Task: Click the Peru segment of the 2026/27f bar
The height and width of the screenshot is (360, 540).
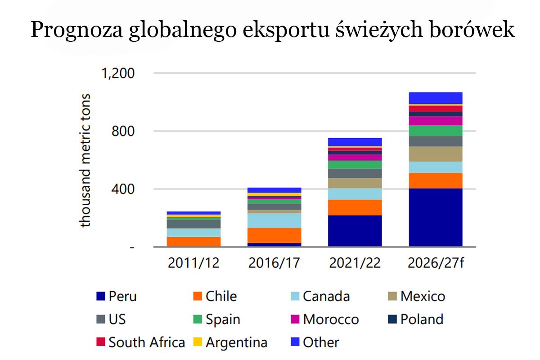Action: tap(436, 217)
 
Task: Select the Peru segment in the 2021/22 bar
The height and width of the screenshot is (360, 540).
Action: tap(355, 230)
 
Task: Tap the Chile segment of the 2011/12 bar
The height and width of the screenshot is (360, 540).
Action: tap(193, 241)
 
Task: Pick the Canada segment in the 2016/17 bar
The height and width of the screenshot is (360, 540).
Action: tap(274, 220)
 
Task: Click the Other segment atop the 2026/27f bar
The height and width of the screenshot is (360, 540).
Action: tap(436, 98)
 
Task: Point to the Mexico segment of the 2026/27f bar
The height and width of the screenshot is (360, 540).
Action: tap(436, 153)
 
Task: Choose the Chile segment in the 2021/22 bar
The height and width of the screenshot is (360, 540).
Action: tap(355, 207)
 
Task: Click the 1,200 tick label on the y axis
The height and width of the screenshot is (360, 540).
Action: tap(118, 73)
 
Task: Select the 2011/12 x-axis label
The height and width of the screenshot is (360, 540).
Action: tap(193, 263)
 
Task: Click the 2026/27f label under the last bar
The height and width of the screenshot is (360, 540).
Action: tap(436, 263)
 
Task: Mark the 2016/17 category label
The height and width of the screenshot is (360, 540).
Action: tap(274, 263)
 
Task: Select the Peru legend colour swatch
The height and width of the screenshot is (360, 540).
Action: tap(101, 297)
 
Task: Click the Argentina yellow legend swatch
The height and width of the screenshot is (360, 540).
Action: tap(198, 342)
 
